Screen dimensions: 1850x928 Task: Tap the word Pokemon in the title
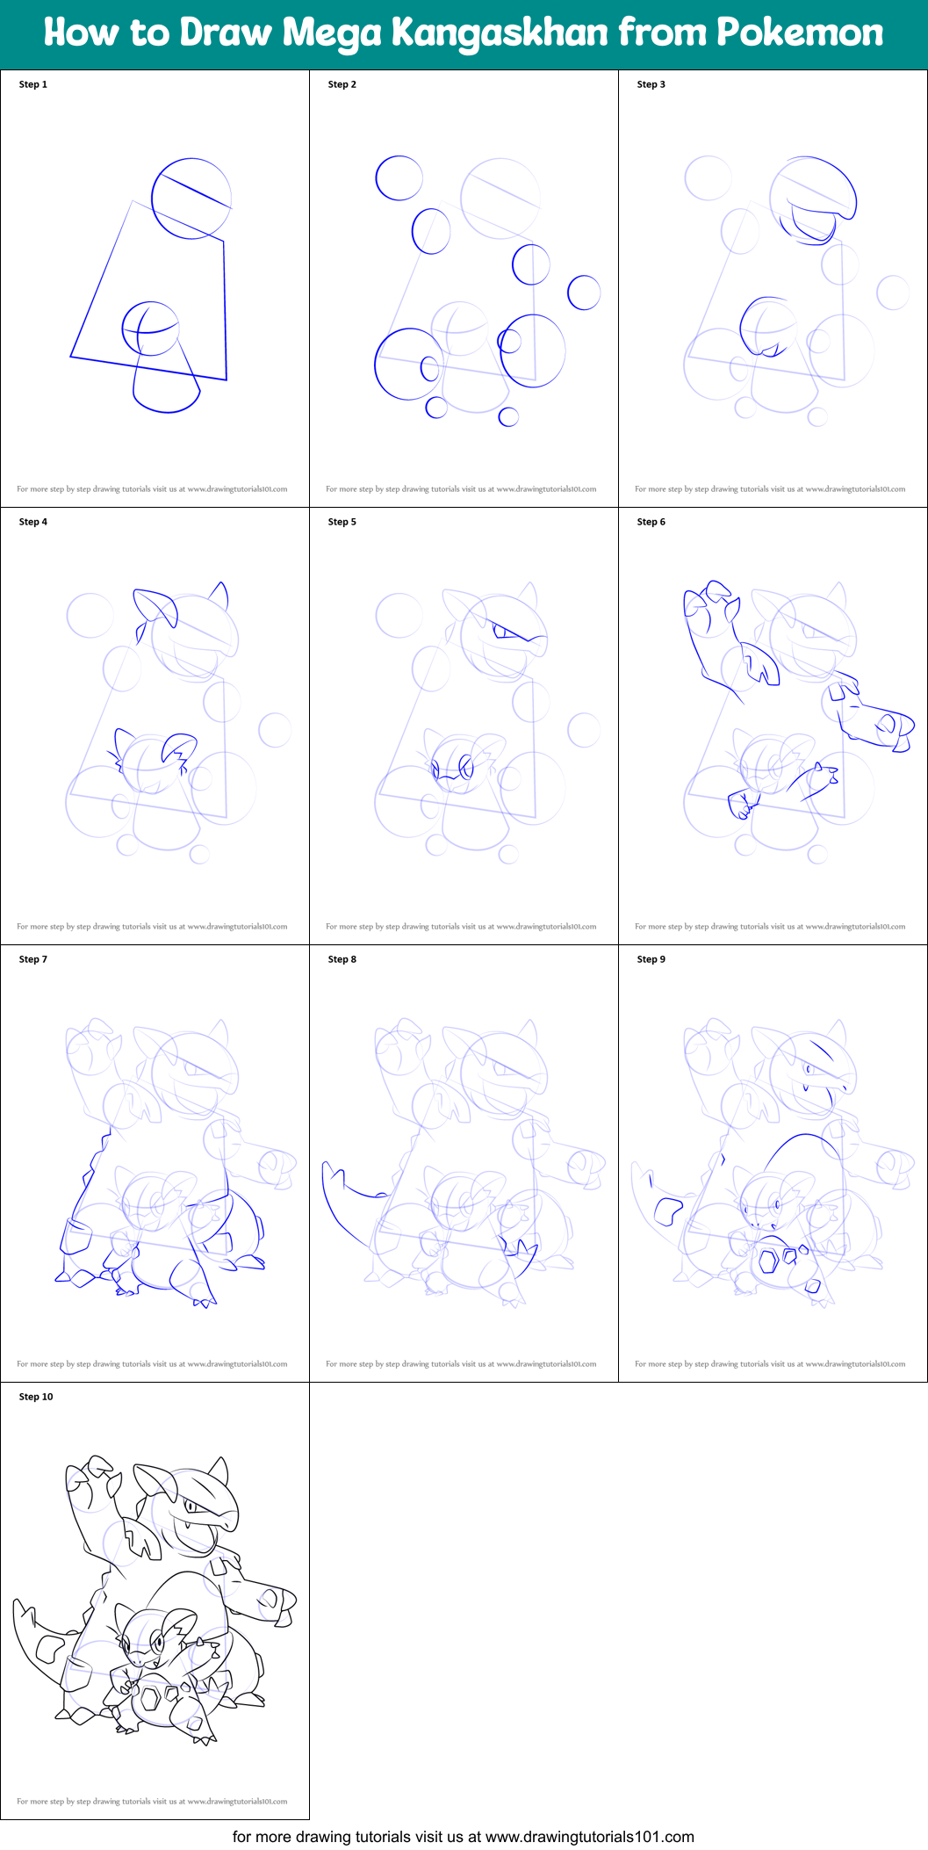coord(800,33)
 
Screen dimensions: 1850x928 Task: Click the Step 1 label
coord(33,84)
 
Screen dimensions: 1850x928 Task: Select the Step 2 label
coord(342,84)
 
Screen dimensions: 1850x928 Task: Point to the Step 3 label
coord(651,84)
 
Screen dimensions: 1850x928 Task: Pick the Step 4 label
coord(33,522)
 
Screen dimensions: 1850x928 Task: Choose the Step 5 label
coord(342,522)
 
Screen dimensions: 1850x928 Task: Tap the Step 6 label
coord(651,522)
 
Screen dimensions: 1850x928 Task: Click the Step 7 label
coord(33,959)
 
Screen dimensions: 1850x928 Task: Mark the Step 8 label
coord(342,959)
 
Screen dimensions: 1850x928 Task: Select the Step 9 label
coord(651,959)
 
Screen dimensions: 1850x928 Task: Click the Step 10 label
coord(36,1397)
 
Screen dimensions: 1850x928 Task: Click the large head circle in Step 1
coord(191,199)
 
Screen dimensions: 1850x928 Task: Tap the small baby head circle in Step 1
coord(150,329)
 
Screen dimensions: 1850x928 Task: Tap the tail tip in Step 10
coord(19,1605)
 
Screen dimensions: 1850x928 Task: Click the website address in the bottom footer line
coord(589,1837)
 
